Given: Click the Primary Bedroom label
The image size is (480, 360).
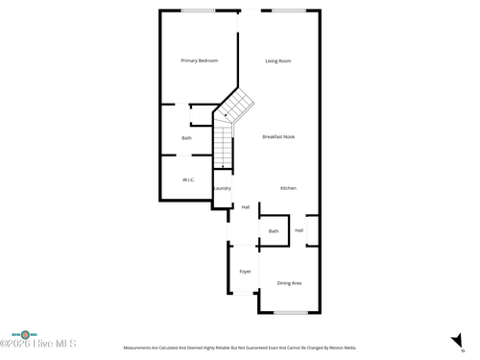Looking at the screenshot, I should (x=200, y=60).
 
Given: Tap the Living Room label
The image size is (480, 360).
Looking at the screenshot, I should (x=278, y=60).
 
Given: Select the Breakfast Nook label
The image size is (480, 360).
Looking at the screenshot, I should (x=278, y=136).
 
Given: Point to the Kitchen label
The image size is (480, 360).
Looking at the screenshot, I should (x=288, y=188).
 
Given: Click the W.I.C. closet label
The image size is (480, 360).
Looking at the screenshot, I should (x=189, y=180).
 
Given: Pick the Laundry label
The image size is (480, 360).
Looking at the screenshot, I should (x=222, y=188).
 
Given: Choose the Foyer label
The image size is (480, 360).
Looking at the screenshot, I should (x=245, y=272).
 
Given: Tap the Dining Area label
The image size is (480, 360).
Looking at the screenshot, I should (x=289, y=283).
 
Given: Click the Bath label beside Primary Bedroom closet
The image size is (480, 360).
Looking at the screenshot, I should (x=186, y=138).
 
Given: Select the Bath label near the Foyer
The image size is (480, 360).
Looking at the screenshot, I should (x=274, y=231).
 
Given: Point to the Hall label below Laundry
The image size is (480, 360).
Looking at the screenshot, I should (x=246, y=207).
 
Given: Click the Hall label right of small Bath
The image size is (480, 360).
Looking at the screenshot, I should (x=300, y=230).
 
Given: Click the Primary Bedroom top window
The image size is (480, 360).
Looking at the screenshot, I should (x=199, y=11).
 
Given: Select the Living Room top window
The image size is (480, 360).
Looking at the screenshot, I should (x=288, y=11).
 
